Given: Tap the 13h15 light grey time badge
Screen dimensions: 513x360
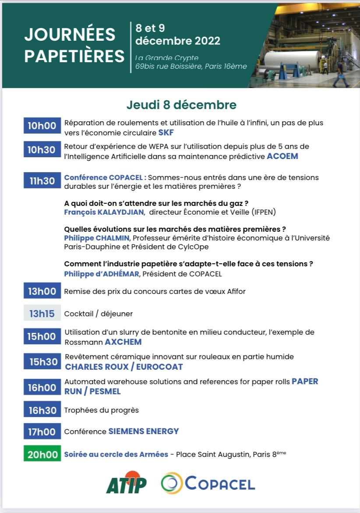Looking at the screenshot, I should click(42, 314).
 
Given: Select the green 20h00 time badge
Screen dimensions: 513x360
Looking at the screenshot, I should click(42, 454).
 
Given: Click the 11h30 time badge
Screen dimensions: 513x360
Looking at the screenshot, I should click(42, 180).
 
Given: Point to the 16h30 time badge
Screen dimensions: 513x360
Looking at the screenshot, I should click(42, 410).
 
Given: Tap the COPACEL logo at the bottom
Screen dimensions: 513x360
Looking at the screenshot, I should click(208, 484).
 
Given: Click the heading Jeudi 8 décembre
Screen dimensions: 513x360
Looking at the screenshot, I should click(181, 105).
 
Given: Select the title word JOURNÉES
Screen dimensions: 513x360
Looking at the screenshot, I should click(70, 35).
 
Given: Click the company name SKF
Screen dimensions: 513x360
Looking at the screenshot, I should click(166, 132).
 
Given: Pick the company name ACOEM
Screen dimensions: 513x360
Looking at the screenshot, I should click(282, 156).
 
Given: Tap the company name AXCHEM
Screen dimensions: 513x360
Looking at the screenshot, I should click(123, 342).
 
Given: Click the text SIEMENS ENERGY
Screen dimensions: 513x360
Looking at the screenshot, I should click(144, 432).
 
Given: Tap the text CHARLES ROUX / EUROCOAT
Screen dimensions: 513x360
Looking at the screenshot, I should click(124, 367).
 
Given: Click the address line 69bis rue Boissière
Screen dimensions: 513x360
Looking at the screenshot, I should click(191, 67).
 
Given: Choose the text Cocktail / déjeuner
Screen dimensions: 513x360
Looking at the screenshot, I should click(98, 314).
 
